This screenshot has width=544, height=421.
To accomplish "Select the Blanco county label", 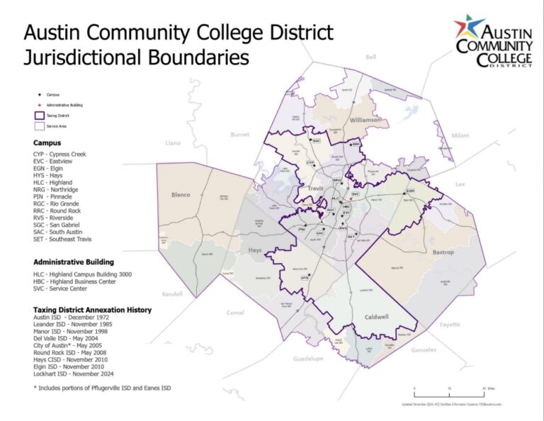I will point(181,194).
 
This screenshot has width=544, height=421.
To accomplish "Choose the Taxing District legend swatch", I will point(40,115).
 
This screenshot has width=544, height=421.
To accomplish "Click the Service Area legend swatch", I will point(40,126).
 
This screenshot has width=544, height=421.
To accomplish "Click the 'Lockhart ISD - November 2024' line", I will point(74,374).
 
